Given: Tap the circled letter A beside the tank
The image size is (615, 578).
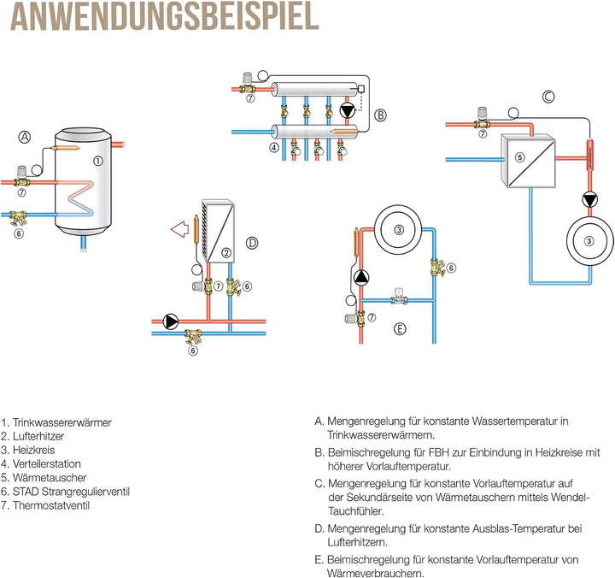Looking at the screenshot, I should [x=25, y=137].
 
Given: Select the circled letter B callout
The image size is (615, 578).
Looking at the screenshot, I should [x=380, y=114].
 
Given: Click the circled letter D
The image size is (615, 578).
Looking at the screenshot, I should [x=251, y=243].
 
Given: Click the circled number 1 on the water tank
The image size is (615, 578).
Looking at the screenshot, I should [x=98, y=160].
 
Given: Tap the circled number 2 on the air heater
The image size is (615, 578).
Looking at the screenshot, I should [x=225, y=252].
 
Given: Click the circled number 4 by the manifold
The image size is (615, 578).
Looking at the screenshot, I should [x=274, y=147].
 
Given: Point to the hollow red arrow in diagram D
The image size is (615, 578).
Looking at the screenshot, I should [x=179, y=228].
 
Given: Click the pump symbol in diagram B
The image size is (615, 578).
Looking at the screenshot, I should [x=348, y=110].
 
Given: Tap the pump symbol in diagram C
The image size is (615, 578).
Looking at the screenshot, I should [x=589, y=200].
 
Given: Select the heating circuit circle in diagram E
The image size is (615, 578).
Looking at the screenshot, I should [x=397, y=228].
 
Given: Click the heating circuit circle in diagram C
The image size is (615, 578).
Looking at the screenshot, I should [x=589, y=242].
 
